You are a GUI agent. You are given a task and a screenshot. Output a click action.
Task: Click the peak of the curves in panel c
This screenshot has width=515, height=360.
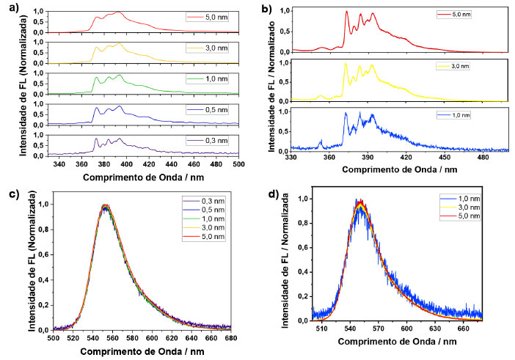(x=106, y=206)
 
